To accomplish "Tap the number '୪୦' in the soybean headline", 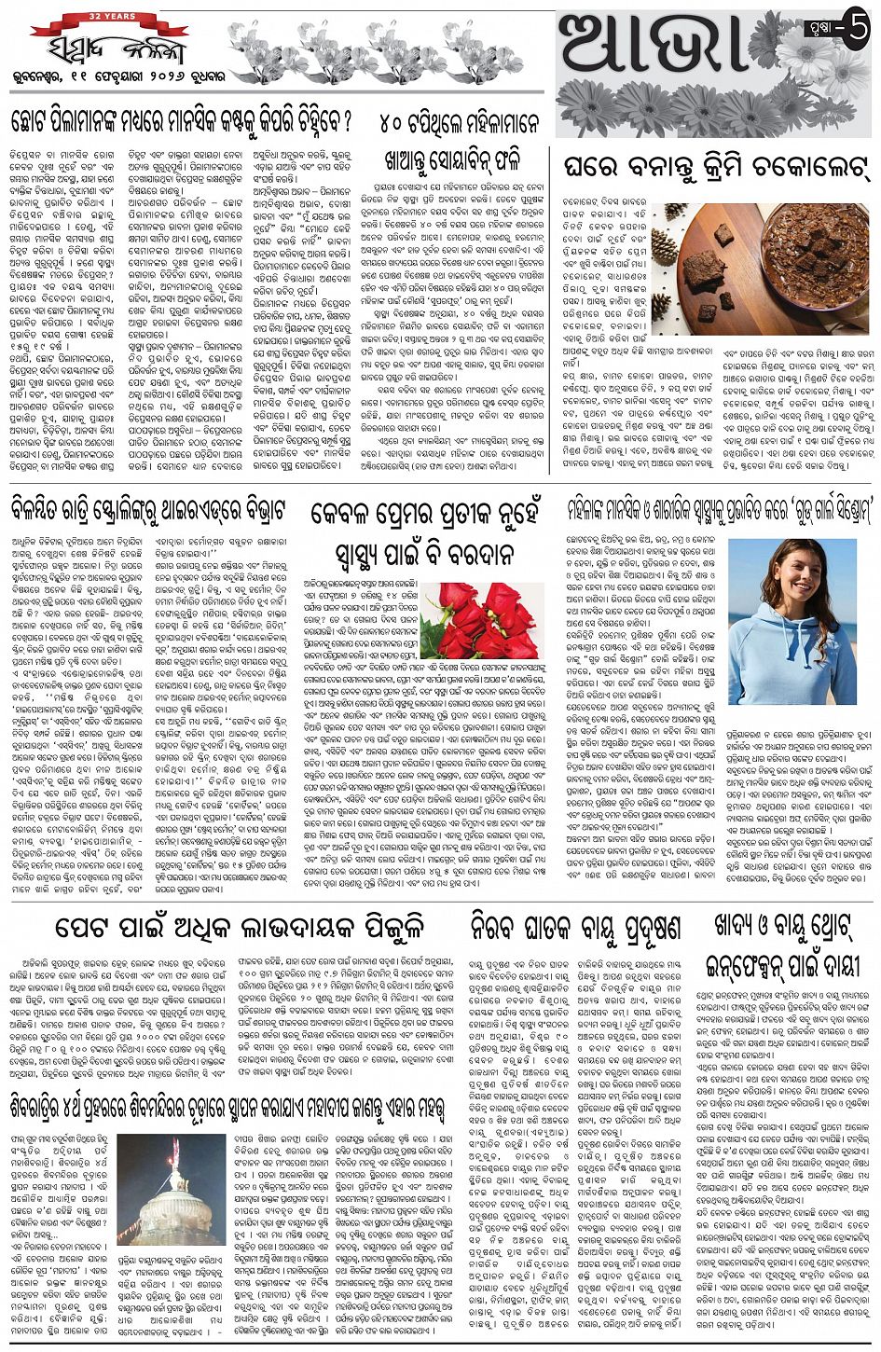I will point(397,121).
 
